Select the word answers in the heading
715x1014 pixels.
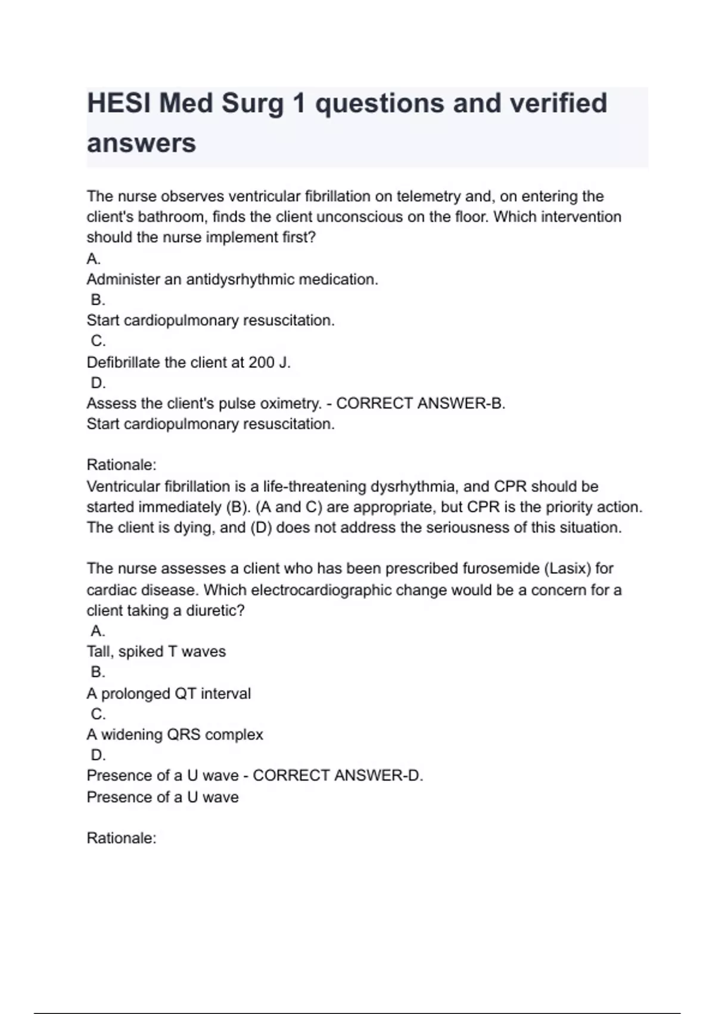[141, 143]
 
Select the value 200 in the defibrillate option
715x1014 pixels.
[261, 362]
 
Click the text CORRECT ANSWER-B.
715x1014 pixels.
[421, 403]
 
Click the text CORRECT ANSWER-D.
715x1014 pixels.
[338, 775]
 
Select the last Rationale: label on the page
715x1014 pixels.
[122, 838]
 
